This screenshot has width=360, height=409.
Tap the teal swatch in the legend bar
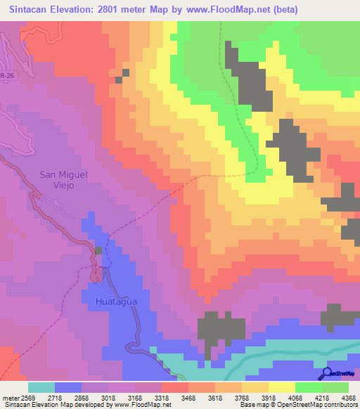(x=41, y=387)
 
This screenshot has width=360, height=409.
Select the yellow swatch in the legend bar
(x=282, y=387)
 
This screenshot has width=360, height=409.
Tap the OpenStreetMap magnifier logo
(x=327, y=373)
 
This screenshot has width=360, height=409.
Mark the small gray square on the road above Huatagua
(x=98, y=250)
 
